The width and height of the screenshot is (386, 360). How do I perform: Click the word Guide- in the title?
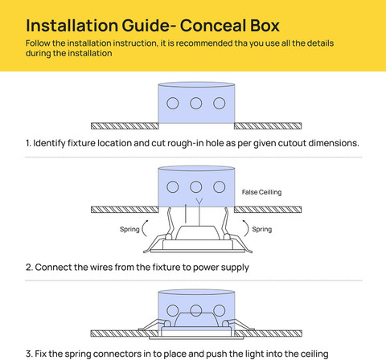click(149, 26)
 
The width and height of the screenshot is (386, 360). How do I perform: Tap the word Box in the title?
click(265, 26)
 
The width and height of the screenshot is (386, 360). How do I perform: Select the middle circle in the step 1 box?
click(196, 103)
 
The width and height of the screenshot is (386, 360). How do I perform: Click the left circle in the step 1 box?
click(173, 103)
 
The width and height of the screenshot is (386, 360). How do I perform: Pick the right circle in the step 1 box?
click(220, 103)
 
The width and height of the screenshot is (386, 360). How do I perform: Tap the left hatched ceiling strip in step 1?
click(125, 126)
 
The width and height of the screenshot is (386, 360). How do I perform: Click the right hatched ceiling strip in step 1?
click(268, 126)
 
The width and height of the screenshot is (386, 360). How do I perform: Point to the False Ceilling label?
click(261, 192)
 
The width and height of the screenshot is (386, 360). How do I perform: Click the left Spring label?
click(129, 229)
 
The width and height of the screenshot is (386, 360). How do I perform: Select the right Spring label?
click(262, 229)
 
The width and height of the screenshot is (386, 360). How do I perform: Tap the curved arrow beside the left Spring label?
click(142, 228)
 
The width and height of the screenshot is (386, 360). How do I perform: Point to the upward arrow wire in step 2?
click(186, 213)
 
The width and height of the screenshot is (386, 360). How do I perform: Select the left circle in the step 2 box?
click(173, 186)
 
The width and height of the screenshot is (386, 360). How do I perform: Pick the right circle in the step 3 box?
click(220, 310)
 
